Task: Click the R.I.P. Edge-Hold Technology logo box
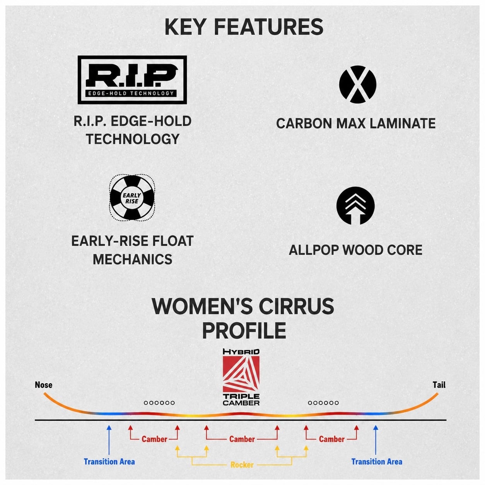132,80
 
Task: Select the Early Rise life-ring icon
132,198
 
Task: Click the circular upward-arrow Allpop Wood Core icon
355,206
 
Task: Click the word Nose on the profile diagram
44,385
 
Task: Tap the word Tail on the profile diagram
439,385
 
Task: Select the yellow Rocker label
242,465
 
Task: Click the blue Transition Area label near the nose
109,461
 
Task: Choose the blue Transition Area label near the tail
377,461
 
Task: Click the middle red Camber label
242,439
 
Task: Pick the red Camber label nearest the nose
154,439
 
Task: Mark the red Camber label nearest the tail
331,439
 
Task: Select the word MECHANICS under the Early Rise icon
132,260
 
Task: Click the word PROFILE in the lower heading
244,330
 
